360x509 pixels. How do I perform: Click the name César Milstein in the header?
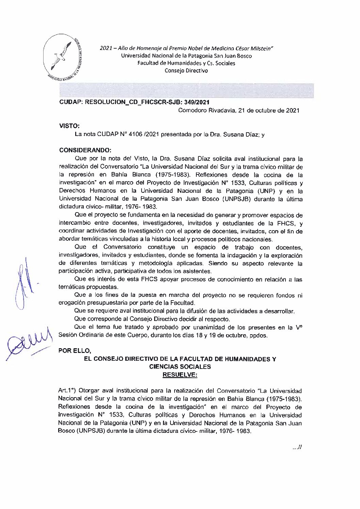point(256,48)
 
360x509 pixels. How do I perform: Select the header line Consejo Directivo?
point(186,71)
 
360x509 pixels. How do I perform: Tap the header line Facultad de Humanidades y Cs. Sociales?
point(186,63)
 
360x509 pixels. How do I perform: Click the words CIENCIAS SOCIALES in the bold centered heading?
point(180,367)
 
